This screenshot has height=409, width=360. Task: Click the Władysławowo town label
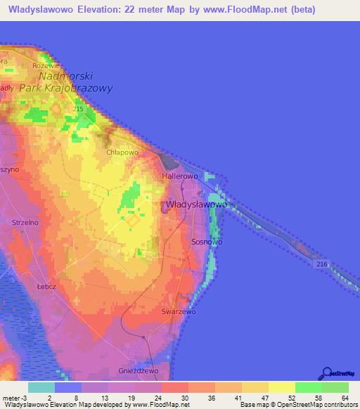(x=196, y=204)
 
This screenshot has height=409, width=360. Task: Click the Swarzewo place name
(x=178, y=311)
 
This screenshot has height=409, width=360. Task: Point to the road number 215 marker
(x=77, y=110)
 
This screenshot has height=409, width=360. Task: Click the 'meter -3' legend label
(x=13, y=398)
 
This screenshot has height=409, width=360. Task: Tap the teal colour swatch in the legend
(x=41, y=387)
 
